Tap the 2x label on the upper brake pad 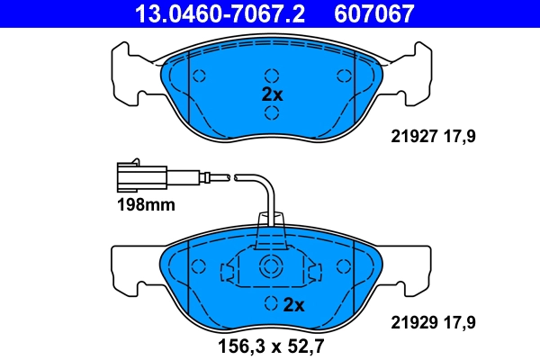(x=272, y=94)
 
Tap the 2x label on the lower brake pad (x=293, y=304)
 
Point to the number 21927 (x=411, y=138)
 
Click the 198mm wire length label (x=145, y=205)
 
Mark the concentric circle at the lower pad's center (x=270, y=266)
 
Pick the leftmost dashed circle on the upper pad (x=200, y=76)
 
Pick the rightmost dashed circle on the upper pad (x=342, y=76)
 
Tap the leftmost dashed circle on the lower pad (x=200, y=268)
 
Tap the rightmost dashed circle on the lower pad (x=342, y=268)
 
